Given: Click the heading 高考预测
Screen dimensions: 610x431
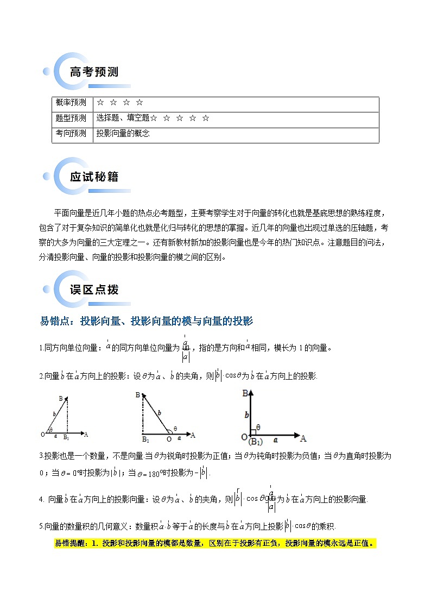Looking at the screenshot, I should click(x=94, y=72).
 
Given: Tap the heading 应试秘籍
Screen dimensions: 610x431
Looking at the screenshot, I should click(x=94, y=177).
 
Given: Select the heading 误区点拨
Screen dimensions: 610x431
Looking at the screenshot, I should click(x=94, y=290).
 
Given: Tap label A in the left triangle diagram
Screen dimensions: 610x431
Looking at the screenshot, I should click(x=86, y=434).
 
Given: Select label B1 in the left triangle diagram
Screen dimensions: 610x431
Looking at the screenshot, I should click(x=66, y=438).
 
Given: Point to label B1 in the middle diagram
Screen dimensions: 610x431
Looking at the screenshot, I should click(x=145, y=438).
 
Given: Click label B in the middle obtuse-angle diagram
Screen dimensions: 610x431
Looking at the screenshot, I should click(x=138, y=394).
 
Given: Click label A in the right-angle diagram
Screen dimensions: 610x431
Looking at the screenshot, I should click(x=303, y=438).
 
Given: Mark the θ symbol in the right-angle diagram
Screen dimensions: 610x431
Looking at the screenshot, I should click(x=258, y=427).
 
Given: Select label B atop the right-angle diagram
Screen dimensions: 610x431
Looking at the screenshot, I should click(x=246, y=393).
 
